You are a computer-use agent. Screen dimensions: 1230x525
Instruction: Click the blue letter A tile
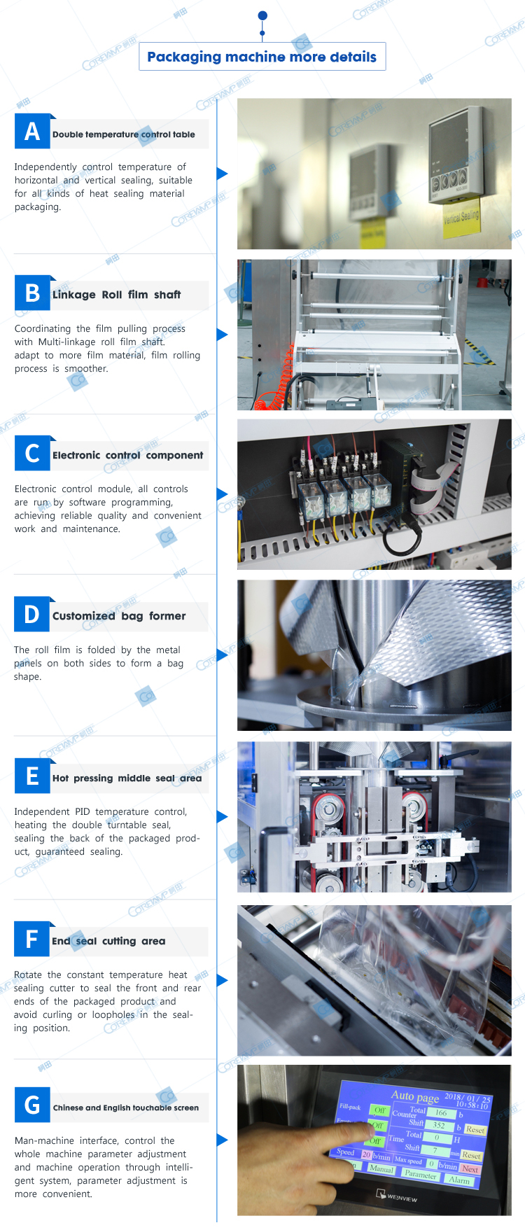click(32, 131)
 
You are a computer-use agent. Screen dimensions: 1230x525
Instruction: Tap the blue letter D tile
click(32, 614)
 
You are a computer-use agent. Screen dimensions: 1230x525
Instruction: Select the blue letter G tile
click(32, 1105)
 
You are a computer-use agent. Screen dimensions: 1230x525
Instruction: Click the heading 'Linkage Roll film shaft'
click(116, 295)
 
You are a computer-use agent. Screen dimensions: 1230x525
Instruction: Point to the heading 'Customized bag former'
click(119, 616)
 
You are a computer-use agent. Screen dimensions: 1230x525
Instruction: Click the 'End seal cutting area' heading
click(108, 941)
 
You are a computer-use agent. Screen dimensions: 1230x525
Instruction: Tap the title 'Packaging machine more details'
click(262, 57)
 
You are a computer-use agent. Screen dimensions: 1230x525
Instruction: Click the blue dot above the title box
click(262, 15)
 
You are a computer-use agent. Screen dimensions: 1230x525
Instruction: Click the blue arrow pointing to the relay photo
click(223, 494)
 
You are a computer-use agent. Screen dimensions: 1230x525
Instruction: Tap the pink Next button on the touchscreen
click(470, 1169)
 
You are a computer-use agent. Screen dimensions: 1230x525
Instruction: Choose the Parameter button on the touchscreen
click(421, 1174)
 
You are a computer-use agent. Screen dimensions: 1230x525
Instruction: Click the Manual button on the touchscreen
click(381, 1169)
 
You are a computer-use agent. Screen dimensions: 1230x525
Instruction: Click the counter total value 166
click(441, 1112)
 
